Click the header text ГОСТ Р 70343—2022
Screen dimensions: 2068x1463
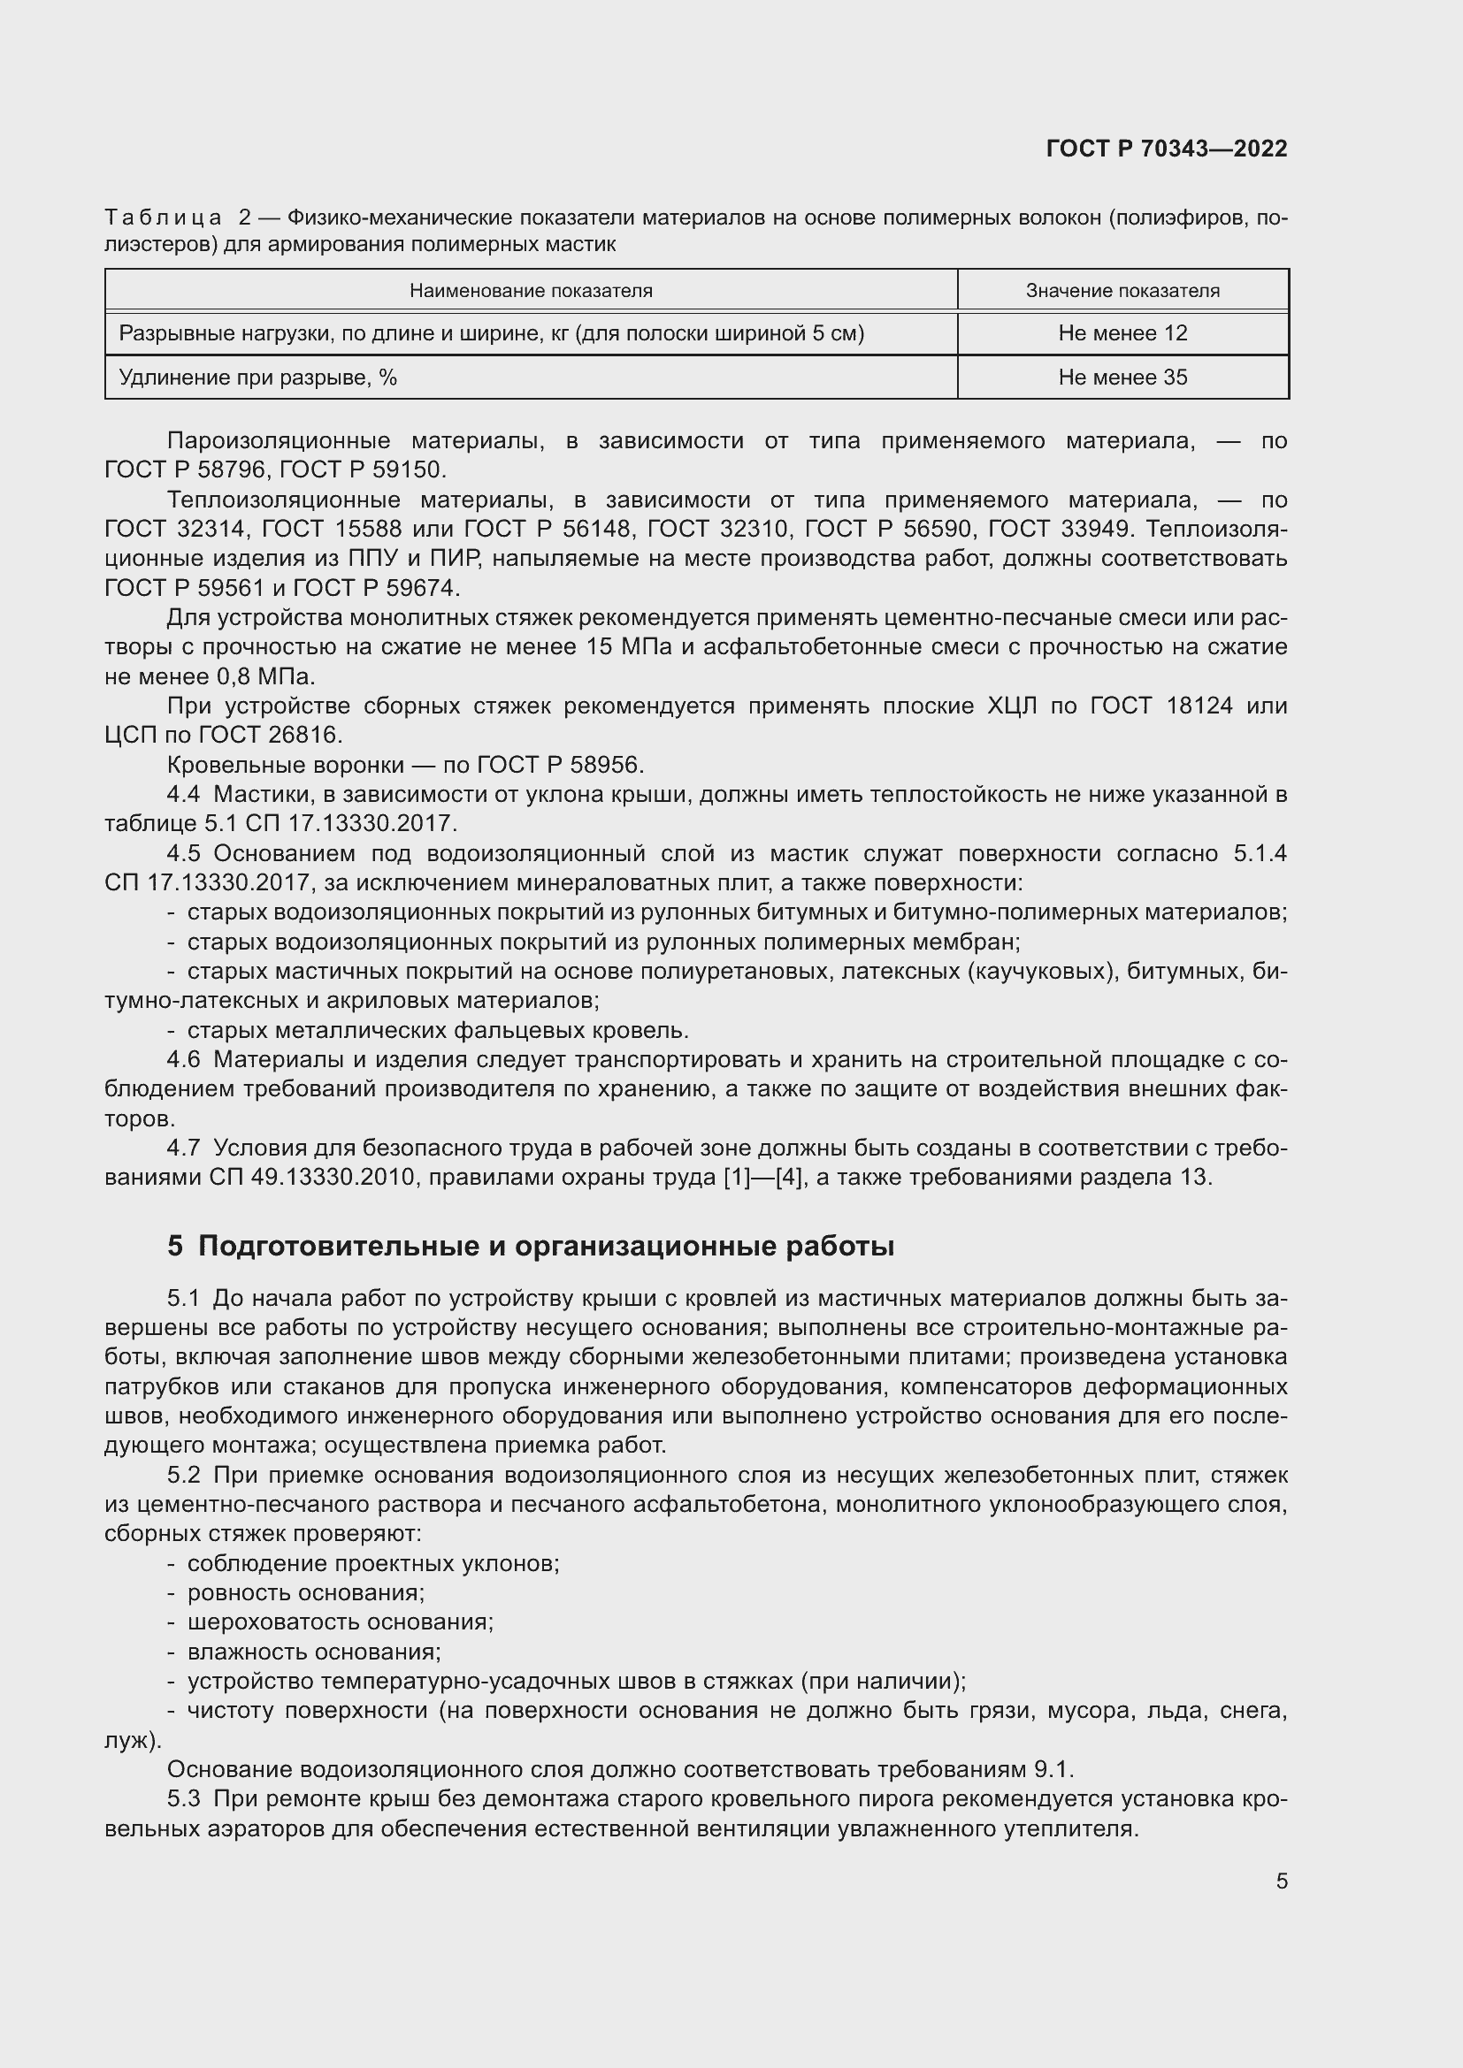(x=1167, y=149)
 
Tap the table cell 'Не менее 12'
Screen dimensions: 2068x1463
(x=1122, y=333)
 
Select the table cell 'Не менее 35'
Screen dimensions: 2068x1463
(x=1122, y=378)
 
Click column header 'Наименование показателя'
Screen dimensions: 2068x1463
(x=531, y=291)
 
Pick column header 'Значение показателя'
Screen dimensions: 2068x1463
(x=1122, y=291)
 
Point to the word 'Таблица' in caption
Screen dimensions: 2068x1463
(x=163, y=217)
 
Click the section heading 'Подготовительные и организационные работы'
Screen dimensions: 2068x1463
(x=546, y=1246)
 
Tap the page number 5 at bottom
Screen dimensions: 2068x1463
(x=1281, y=1881)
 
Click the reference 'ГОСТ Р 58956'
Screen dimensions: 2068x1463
(x=557, y=765)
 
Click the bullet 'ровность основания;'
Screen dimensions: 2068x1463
(x=305, y=1592)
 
